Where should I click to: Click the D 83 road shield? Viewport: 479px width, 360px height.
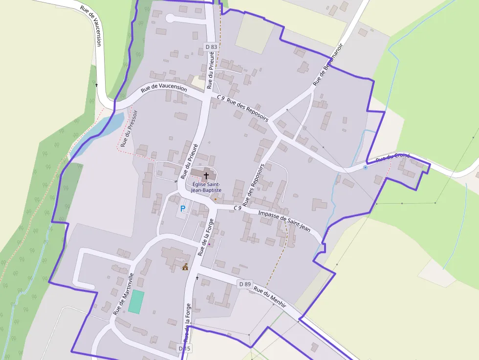pos(211,46)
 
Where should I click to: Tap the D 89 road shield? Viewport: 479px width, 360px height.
pos(244,284)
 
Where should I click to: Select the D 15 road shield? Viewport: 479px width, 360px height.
pos(184,348)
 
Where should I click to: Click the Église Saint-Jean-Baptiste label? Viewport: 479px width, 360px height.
pos(206,187)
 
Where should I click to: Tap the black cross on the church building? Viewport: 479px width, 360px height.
pos(206,175)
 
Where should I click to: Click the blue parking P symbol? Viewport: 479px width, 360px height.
pos(183,209)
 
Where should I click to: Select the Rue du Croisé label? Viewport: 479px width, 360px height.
pos(392,158)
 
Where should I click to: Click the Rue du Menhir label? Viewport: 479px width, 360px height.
pos(269,296)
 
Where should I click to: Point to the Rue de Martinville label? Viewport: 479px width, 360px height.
pos(124,294)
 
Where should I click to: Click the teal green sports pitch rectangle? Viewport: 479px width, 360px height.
pos(137,302)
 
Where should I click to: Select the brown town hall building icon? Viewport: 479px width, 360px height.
pos(185,267)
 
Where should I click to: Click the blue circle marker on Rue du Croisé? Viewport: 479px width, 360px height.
pos(365,168)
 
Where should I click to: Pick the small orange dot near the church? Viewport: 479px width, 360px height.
pos(215,199)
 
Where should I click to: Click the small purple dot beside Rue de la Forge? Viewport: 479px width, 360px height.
pos(209,244)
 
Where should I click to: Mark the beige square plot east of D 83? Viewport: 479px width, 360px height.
pos(255,34)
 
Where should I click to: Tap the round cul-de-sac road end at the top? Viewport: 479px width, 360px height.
pos(171,19)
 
